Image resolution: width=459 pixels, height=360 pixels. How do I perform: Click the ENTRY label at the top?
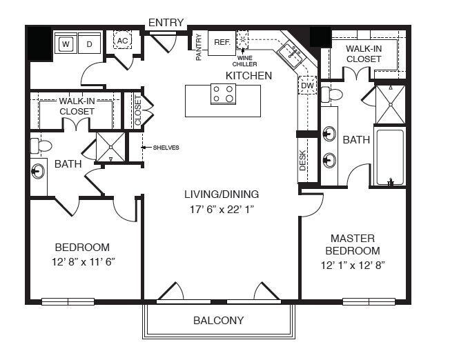click(x=166, y=23)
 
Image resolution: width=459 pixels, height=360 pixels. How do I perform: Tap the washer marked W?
click(x=66, y=43)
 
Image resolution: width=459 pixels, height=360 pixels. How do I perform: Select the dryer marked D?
click(x=90, y=43)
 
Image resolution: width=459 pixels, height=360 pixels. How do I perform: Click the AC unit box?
click(x=122, y=40)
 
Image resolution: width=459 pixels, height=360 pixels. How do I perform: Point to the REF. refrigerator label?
click(x=222, y=42)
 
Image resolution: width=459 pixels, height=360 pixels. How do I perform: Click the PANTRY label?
click(x=199, y=47)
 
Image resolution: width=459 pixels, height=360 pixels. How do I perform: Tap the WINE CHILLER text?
click(x=245, y=61)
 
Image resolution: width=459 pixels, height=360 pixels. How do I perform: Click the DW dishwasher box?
click(x=307, y=85)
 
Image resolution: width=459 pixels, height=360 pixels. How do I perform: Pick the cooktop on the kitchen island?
click(x=224, y=94)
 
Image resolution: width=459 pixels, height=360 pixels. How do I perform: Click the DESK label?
click(x=303, y=160)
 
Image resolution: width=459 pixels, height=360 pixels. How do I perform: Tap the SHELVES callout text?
click(x=166, y=148)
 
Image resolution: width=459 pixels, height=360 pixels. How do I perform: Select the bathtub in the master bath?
click(x=390, y=157)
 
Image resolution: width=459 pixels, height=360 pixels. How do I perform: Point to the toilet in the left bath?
click(x=41, y=146)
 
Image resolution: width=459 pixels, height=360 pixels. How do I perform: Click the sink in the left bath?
click(x=38, y=171)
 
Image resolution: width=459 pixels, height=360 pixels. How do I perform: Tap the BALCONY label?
click(x=219, y=321)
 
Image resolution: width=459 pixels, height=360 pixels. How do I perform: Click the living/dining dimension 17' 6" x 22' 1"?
click(x=222, y=210)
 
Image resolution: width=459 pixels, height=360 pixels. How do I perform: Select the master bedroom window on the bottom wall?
click(x=369, y=301)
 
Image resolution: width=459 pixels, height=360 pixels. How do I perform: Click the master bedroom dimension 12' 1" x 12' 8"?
click(x=353, y=266)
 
